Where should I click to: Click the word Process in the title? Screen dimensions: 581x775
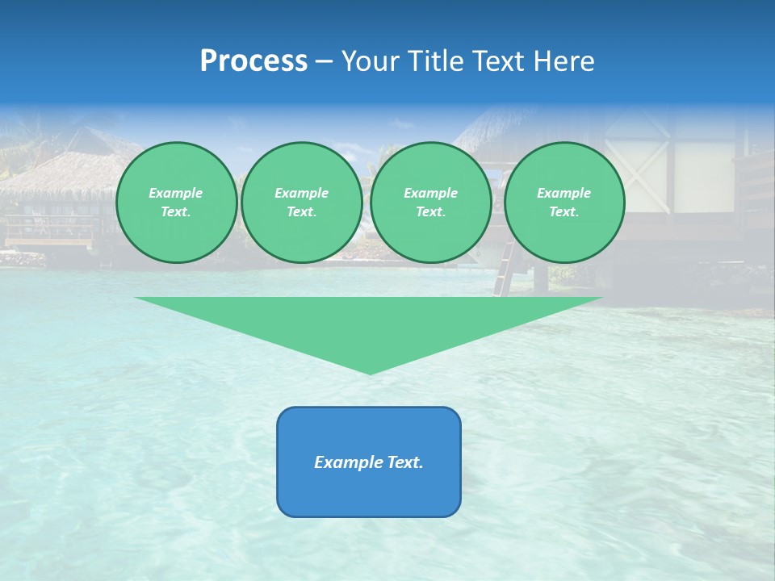(253, 61)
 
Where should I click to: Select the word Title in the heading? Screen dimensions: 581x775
(438, 61)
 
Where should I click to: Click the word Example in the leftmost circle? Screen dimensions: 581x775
(176, 193)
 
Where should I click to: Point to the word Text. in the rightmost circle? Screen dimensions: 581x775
(564, 212)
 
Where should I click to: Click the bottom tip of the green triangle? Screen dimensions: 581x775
(371, 373)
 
